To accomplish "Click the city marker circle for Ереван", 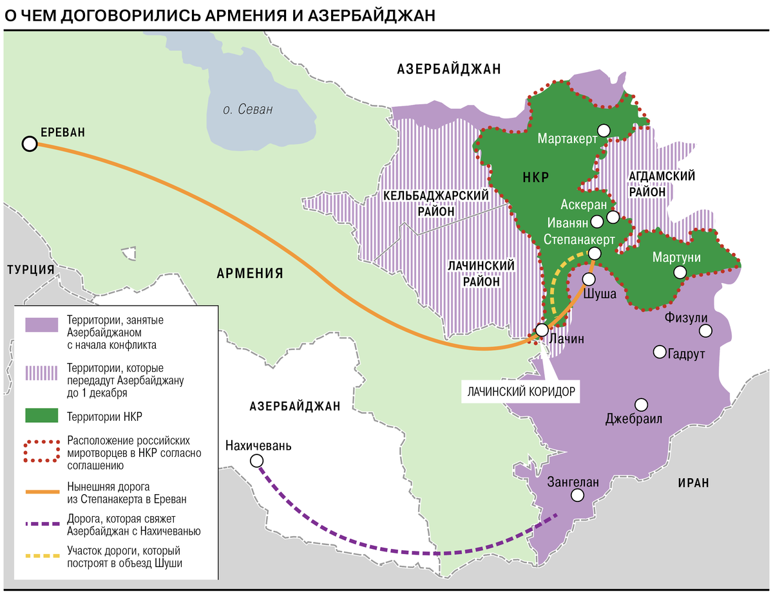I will (x=29, y=144).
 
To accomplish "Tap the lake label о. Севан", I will (x=248, y=109).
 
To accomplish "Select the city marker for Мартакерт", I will (x=603, y=130).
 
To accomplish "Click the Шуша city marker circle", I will (x=589, y=279).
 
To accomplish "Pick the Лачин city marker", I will (x=542, y=329).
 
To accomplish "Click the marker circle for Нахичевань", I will (x=257, y=460).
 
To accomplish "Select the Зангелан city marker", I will (x=577, y=495).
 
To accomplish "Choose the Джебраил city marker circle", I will (x=641, y=404).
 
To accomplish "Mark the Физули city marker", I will (x=706, y=331).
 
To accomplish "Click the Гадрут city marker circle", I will (x=659, y=351).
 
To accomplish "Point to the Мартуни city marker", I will (x=679, y=273).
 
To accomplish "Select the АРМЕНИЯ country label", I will (x=250, y=273).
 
